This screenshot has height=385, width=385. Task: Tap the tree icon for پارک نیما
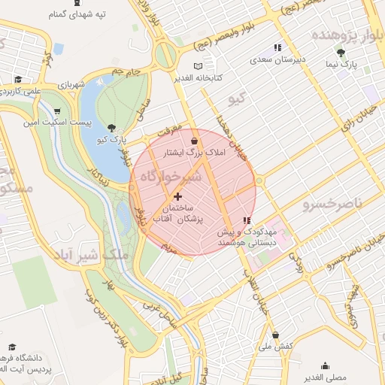(x=341, y=53)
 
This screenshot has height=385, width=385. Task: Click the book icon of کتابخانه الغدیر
(x=198, y=66)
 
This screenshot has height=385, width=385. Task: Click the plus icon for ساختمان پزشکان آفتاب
(x=177, y=196)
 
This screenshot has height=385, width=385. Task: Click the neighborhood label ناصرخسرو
(x=332, y=204)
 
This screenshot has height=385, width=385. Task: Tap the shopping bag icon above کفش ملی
(x=275, y=335)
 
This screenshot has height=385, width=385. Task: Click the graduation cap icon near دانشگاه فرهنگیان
(x=12, y=347)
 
